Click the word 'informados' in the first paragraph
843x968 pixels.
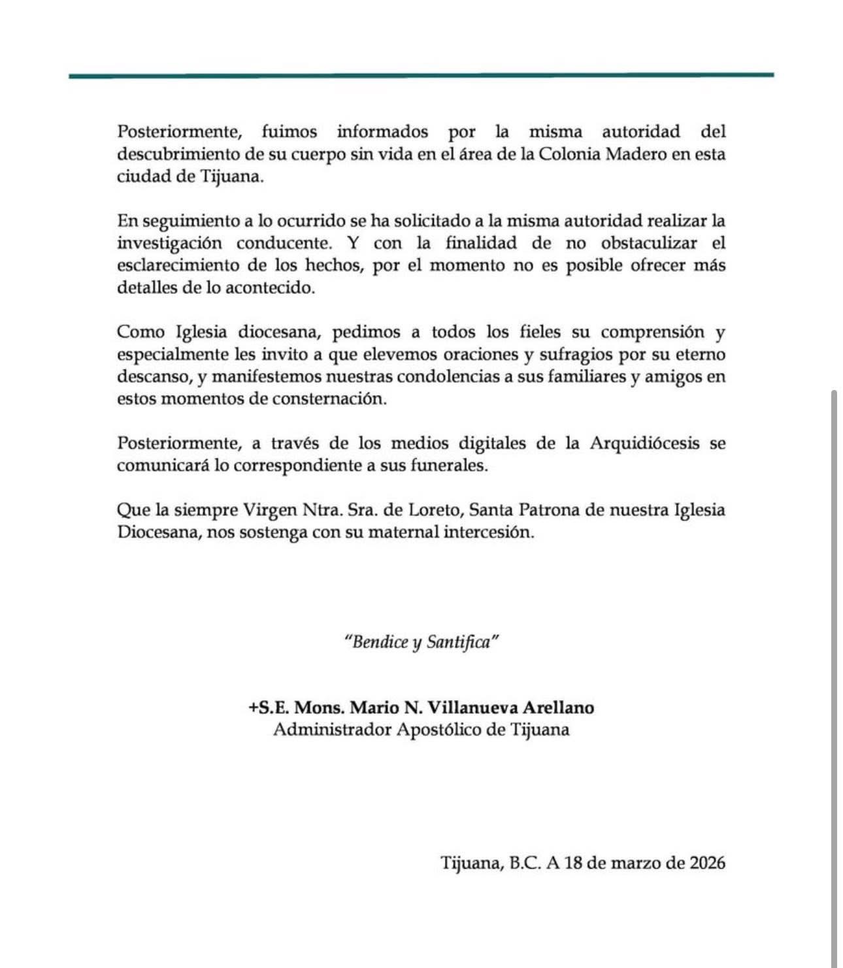point(382,132)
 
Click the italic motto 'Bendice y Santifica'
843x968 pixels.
point(421,642)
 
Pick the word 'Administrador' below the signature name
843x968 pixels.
point(332,730)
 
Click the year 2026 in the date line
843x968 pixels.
point(707,863)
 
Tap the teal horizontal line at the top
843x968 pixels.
point(421,76)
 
